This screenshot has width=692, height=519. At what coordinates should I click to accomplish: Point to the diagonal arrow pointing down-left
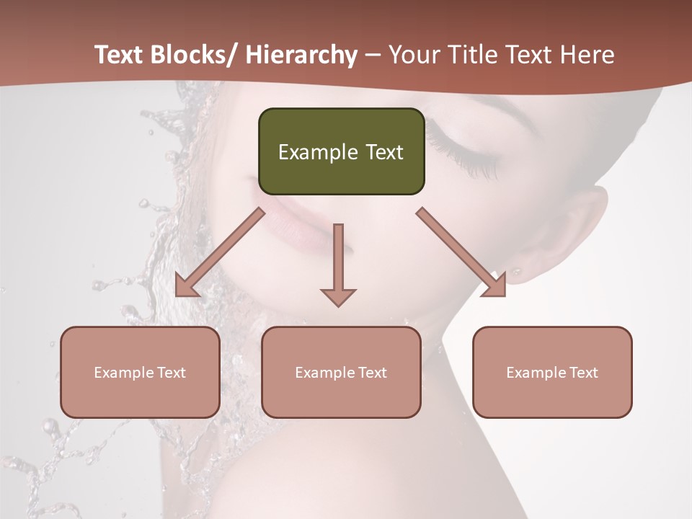[219, 253]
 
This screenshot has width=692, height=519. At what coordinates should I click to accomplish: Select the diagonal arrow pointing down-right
[461, 252]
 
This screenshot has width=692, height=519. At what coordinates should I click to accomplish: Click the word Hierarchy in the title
[301, 55]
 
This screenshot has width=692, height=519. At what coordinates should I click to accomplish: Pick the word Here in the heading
[588, 55]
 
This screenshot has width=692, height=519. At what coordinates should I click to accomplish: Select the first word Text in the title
[120, 55]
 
